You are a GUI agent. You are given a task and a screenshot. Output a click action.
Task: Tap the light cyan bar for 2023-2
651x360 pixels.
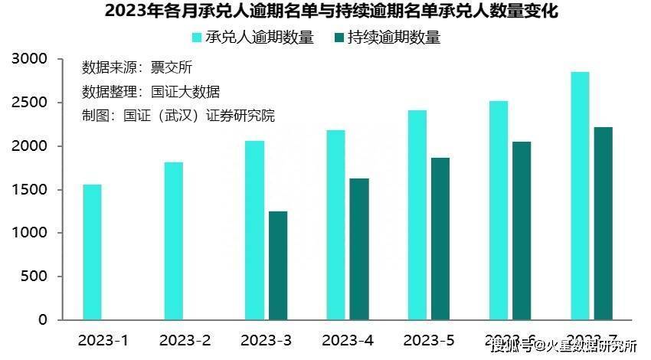(x=173, y=241)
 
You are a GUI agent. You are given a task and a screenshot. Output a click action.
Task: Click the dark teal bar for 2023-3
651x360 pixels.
(x=278, y=265)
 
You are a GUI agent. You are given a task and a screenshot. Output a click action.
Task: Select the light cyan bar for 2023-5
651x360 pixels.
(x=417, y=214)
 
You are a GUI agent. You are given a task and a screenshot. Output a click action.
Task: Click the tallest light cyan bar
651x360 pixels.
(x=580, y=195)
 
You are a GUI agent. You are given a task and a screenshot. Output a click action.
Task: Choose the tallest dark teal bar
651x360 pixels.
(x=604, y=223)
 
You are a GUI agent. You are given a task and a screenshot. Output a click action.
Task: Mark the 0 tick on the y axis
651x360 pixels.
(x=43, y=319)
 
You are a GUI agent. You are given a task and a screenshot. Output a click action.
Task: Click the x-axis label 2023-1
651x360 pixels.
(x=103, y=340)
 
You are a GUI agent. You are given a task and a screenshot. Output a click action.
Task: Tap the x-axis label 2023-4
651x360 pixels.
(x=347, y=340)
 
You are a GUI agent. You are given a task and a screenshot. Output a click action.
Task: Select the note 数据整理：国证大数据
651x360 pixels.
(x=151, y=92)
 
